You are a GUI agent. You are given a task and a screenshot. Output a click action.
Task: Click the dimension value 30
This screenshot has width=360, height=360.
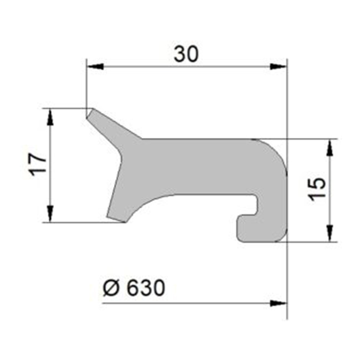[186, 54]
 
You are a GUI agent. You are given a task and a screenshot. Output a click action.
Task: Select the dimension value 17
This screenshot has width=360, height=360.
[37, 164]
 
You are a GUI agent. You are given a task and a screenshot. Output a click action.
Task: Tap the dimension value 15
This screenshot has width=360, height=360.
[315, 190]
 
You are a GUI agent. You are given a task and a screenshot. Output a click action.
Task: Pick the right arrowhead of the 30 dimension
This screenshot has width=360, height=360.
[280, 67]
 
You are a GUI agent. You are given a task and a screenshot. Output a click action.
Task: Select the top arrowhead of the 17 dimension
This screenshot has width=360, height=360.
[50, 115]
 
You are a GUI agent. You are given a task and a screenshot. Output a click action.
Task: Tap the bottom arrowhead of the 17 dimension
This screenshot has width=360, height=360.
[50, 215]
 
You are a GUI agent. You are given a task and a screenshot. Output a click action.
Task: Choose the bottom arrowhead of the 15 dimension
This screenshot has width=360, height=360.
[330, 234]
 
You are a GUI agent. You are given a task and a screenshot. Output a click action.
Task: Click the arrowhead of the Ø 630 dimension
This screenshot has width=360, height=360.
[280, 303]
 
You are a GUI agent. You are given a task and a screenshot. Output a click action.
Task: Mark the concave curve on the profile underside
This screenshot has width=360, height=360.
[161, 199]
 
